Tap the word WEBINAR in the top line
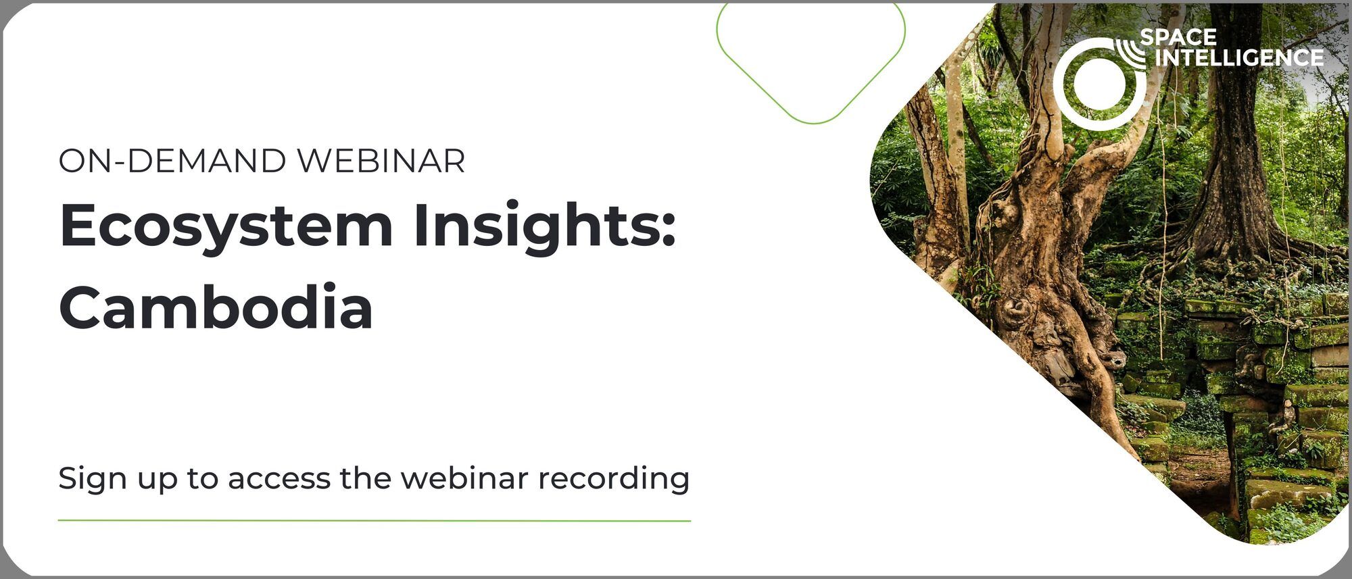381,161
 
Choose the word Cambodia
216,307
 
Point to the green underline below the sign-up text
375,521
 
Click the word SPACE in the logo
1178,37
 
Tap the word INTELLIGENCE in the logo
1238,58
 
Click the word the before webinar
365,478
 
